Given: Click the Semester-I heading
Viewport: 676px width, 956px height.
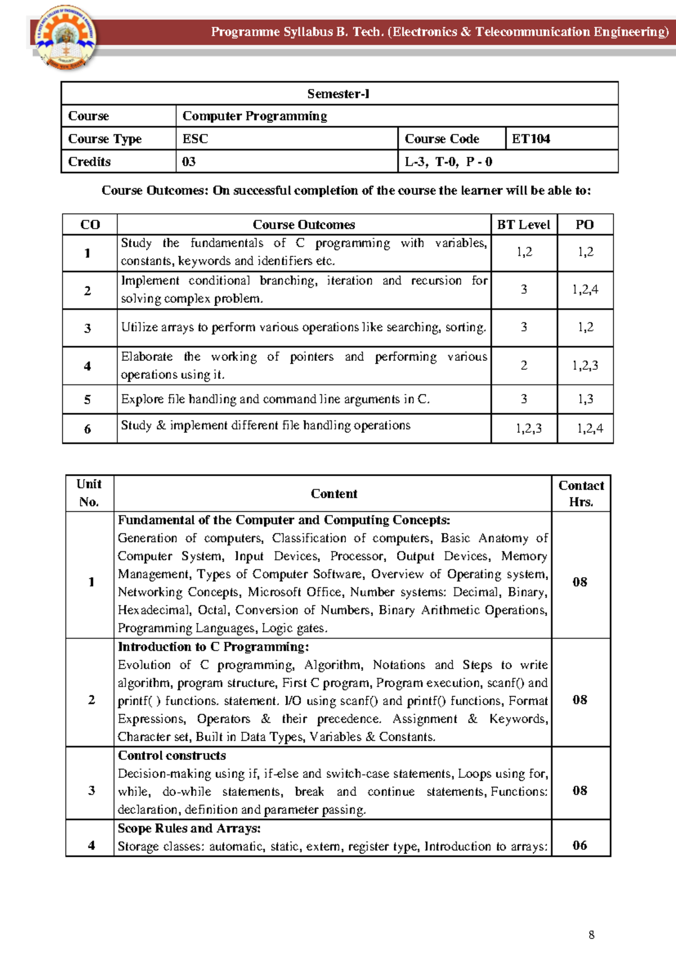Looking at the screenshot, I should (338, 94).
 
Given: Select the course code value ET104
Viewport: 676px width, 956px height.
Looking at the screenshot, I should (531, 139).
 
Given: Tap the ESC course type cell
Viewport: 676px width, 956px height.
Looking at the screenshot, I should (195, 139).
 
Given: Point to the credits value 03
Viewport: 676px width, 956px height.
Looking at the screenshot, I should (189, 162).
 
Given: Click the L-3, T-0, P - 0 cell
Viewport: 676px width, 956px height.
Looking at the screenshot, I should (448, 162).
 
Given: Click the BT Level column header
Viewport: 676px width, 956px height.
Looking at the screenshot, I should (523, 224).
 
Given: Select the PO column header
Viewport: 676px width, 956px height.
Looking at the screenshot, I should (584, 224).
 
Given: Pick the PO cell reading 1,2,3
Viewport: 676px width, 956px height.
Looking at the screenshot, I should (585, 365).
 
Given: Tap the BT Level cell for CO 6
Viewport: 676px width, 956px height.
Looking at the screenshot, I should (528, 428).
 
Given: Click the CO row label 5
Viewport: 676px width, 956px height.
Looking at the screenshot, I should (87, 400).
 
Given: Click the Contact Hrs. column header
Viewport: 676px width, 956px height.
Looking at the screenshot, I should (581, 493).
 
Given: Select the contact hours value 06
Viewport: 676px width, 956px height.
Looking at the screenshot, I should (580, 845).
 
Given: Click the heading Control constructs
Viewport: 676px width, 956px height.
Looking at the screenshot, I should (172, 755).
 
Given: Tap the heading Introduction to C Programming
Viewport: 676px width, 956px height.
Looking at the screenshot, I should (213, 647).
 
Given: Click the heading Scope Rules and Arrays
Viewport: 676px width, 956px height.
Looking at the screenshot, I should (189, 828).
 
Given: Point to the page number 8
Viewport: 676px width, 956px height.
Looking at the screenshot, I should (591, 935).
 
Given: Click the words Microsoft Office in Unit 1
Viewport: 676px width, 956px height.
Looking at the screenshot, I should (295, 592).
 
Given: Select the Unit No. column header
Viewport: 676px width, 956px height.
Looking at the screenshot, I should (89, 493).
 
